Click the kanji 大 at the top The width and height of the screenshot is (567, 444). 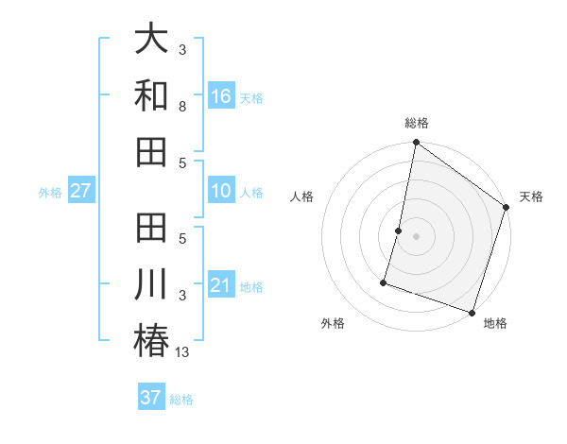pyautogui.click(x=151, y=41)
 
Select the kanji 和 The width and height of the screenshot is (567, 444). pyautogui.click(x=151, y=96)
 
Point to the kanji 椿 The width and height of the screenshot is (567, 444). pyautogui.click(x=151, y=340)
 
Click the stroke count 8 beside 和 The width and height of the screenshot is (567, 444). pyautogui.click(x=183, y=108)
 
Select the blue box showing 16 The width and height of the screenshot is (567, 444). pyautogui.click(x=221, y=96)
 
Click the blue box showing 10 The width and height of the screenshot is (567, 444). pyautogui.click(x=221, y=191)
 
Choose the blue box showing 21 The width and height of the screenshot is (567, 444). pyautogui.click(x=221, y=285)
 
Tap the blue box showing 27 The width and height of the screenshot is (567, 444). pyautogui.click(x=80, y=191)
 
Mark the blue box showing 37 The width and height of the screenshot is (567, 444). pyautogui.click(x=151, y=398)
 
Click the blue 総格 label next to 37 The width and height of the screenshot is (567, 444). pyautogui.click(x=181, y=400)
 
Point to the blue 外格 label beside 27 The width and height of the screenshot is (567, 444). pyautogui.click(x=50, y=193)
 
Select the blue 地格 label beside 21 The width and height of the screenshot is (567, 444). pyautogui.click(x=251, y=287)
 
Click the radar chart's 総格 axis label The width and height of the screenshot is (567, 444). pyautogui.click(x=417, y=123)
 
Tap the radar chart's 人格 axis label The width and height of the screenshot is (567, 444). pyautogui.click(x=302, y=196)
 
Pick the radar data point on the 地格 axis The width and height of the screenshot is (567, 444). pyautogui.click(x=472, y=312)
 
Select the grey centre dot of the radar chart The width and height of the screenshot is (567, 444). pyautogui.click(x=417, y=235)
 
